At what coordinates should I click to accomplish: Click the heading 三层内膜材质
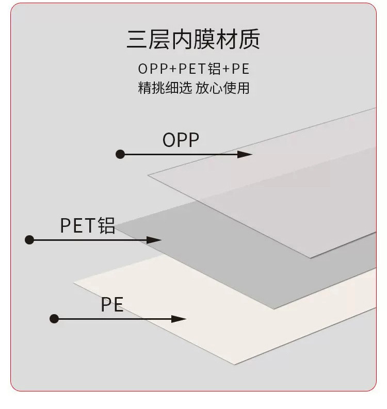pyautogui.click(x=193, y=39)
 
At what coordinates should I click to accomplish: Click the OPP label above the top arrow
pyautogui.click(x=181, y=140)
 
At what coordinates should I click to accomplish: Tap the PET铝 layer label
pyautogui.click(x=88, y=225)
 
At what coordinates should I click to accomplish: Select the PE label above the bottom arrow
pyautogui.click(x=112, y=304)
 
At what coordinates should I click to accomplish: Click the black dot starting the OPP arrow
pyautogui.click(x=120, y=154)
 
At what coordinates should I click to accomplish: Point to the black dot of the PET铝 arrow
pyautogui.click(x=29, y=240)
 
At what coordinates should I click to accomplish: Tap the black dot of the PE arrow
pyautogui.click(x=54, y=319)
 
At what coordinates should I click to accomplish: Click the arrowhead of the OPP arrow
pyautogui.click(x=245, y=154)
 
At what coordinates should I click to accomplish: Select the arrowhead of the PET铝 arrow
pyautogui.click(x=154, y=240)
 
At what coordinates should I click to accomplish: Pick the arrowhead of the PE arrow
pyautogui.click(x=179, y=319)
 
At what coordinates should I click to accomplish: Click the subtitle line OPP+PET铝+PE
pyautogui.click(x=193, y=69)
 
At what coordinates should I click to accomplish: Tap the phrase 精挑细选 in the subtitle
pyautogui.click(x=165, y=88)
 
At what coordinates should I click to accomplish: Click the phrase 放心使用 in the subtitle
pyautogui.click(x=222, y=88)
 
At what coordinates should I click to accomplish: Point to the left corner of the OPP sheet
pyautogui.click(x=148, y=175)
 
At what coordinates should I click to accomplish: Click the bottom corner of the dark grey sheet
pyautogui.click(x=274, y=309)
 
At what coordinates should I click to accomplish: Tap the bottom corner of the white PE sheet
pyautogui.click(x=235, y=365)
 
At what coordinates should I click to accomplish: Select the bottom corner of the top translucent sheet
pyautogui.click(x=310, y=258)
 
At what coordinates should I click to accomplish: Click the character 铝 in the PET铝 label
pyautogui.click(x=106, y=225)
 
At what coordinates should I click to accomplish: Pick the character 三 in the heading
pyautogui.click(x=137, y=39)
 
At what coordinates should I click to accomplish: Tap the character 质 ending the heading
pyautogui.click(x=250, y=39)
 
